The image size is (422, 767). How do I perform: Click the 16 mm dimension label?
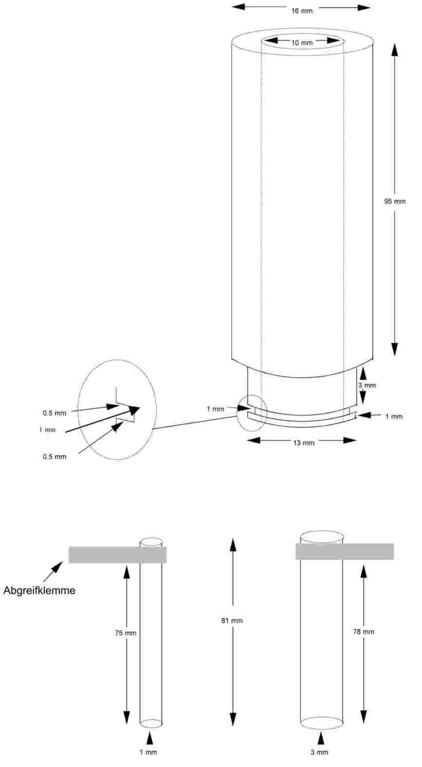click(302, 11)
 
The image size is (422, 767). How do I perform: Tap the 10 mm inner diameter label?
click(302, 43)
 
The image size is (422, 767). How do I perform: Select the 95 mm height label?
click(395, 201)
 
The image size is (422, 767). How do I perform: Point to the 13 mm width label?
click(304, 443)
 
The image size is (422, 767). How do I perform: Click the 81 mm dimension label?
click(232, 620)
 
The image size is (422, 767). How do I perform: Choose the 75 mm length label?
click(126, 633)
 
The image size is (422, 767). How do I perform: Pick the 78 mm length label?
click(364, 632)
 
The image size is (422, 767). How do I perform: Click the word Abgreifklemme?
click(39, 590)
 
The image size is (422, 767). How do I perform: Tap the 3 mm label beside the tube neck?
click(367, 385)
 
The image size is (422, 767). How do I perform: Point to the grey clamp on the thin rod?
click(118, 555)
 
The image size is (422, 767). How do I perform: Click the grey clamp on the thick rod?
click(345, 552)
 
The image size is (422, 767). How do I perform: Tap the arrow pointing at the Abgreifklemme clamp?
click(53, 572)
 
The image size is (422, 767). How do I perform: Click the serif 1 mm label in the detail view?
click(47, 430)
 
